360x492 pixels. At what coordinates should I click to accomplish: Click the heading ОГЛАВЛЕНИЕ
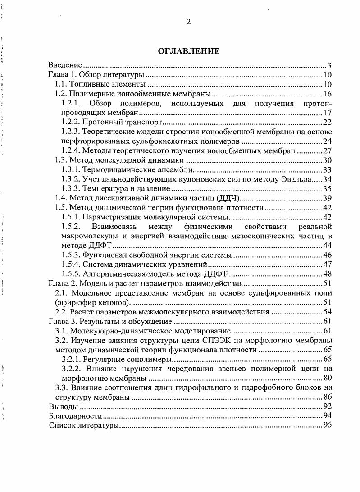click(189, 51)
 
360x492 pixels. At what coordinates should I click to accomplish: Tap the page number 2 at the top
click(188, 23)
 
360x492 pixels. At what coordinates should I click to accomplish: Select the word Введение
click(65, 65)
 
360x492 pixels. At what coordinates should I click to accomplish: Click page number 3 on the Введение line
click(330, 65)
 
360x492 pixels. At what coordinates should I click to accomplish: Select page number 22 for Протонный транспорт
click(328, 122)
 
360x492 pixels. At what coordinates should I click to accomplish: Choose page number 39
click(328, 198)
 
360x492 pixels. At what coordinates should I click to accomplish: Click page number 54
click(328, 311)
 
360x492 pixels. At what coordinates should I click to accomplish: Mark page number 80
click(328, 378)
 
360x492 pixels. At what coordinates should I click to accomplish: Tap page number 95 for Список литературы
click(328, 425)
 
